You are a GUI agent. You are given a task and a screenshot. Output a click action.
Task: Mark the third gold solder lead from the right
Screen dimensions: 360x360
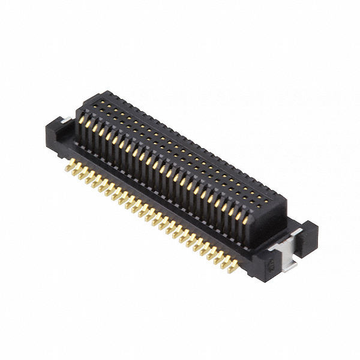coord(217,255)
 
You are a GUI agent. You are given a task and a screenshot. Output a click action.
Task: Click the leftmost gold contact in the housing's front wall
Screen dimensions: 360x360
coord(82,125)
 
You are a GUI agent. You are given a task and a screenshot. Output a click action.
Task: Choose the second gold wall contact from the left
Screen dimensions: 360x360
coord(88,128)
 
